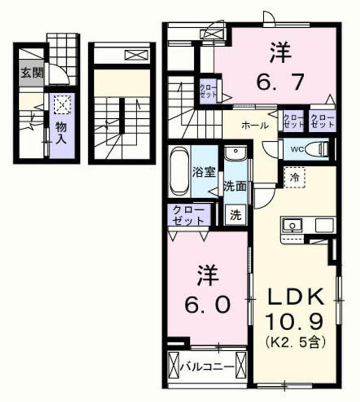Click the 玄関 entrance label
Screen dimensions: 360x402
coord(31,74)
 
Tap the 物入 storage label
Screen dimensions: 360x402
coord(61,133)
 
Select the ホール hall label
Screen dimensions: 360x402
coord(255,126)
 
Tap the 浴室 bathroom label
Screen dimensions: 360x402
coord(204,172)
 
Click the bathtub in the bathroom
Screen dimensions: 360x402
coord(179,171)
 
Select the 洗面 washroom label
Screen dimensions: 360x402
coord(235,186)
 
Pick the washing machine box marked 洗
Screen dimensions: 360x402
coord(235,215)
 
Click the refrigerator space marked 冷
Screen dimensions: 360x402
coord(295,178)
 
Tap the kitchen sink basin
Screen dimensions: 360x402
coord(292,226)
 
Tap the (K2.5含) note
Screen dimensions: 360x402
coord(295,342)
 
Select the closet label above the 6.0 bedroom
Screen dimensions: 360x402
coord(189,215)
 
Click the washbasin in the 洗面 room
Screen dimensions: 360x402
coord(235,153)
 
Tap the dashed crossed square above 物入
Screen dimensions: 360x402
coord(63,104)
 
